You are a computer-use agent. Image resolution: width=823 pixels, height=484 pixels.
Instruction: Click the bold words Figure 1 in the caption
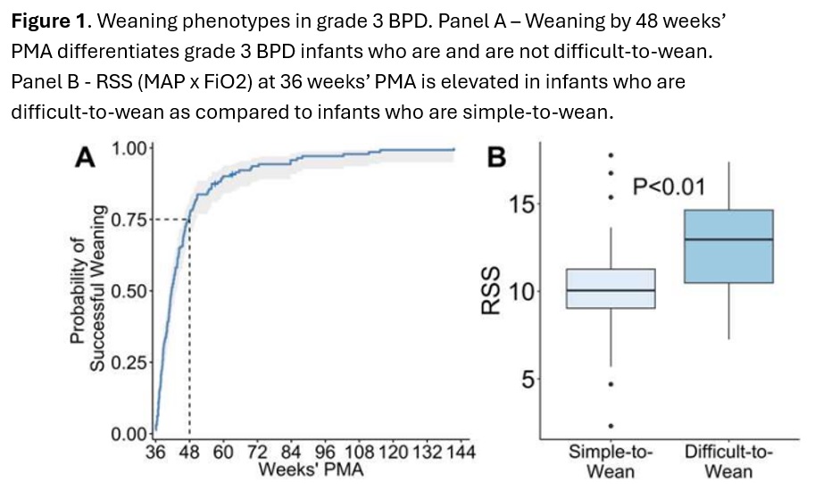pos(48,21)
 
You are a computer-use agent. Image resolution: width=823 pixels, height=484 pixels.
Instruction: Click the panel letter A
pos(85,157)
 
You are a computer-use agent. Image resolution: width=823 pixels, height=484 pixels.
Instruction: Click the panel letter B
pos(496,157)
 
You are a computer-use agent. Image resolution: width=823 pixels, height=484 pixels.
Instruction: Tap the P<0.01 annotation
pos(669,187)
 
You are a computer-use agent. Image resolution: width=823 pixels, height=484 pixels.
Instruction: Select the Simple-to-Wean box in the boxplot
pos(611,288)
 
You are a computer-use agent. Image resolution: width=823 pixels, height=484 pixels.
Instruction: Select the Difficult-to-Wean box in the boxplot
pos(728,246)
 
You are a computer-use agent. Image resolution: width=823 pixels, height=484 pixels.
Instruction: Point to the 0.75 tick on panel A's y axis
pos(129,220)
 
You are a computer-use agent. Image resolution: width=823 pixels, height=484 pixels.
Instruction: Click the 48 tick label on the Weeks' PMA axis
pos(189,452)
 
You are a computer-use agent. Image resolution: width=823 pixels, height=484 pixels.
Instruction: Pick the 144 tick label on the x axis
pos(461,452)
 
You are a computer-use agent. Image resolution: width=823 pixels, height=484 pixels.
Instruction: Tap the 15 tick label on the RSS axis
pos(521,204)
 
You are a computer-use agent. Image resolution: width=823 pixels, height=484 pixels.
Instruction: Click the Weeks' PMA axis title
pos(311,469)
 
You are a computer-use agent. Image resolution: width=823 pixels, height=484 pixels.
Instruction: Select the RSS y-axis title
pos(491,290)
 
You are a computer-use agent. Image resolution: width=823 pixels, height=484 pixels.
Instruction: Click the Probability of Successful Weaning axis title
pos(87,288)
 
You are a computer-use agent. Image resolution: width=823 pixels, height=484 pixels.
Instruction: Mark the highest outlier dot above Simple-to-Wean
pos(611,155)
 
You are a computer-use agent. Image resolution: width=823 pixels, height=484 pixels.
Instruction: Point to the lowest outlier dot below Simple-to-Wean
pos(611,426)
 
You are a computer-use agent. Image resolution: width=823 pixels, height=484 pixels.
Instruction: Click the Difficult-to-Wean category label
pos(728,461)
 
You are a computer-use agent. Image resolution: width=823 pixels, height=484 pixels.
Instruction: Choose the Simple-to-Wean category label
pos(611,461)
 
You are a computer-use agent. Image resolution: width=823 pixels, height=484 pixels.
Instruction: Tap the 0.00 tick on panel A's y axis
pos(129,434)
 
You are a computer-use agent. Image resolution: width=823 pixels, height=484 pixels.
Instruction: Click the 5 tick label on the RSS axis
pos(528,379)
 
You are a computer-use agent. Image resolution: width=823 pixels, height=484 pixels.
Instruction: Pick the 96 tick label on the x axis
pos(325,452)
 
